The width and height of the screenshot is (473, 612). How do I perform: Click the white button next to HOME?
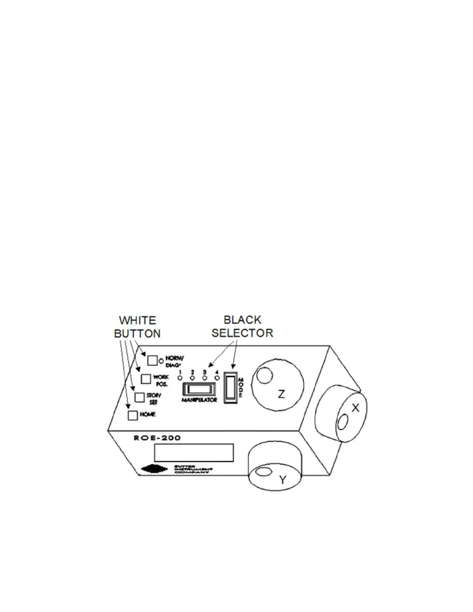pyautogui.click(x=133, y=415)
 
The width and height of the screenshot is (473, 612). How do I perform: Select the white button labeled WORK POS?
pyautogui.click(x=146, y=379)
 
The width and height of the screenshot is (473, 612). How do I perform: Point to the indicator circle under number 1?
pyautogui.click(x=180, y=377)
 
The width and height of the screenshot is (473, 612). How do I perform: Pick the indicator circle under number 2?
pyautogui.click(x=192, y=377)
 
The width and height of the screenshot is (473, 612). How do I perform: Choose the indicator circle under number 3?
pyautogui.click(x=205, y=377)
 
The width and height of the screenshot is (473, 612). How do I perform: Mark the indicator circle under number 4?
pyautogui.click(x=217, y=377)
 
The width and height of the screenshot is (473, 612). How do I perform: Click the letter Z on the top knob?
pyautogui.click(x=282, y=394)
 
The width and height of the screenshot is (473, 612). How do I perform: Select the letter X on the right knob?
pyautogui.click(x=356, y=408)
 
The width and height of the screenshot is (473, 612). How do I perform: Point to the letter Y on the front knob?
pyautogui.click(x=283, y=480)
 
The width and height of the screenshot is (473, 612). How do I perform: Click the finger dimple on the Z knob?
pyautogui.click(x=265, y=376)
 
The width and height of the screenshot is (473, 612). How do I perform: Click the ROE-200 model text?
pyautogui.click(x=157, y=438)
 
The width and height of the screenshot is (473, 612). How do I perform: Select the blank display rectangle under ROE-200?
pyautogui.click(x=194, y=452)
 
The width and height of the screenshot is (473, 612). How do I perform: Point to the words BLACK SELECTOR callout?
pyautogui.click(x=242, y=326)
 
